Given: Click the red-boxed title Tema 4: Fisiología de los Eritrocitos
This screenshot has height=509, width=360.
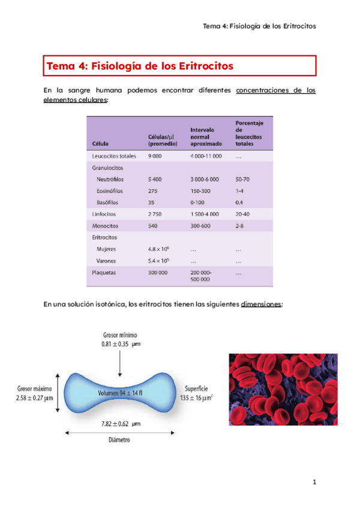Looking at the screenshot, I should [x=140, y=65].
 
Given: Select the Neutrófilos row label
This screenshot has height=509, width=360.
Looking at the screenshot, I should [x=111, y=179].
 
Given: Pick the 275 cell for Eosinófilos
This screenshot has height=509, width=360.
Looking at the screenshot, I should [x=153, y=190].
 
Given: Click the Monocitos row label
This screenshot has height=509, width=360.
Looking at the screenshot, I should [x=105, y=226].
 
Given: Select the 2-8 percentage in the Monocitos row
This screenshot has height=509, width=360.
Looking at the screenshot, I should [x=240, y=226].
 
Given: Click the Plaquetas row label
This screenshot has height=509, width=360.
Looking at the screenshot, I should [x=104, y=272].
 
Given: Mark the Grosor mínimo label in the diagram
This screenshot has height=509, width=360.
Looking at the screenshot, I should [x=120, y=334].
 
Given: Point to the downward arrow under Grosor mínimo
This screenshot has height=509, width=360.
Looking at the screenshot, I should [x=120, y=361].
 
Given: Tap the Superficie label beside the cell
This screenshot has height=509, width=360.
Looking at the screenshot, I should [x=193, y=388].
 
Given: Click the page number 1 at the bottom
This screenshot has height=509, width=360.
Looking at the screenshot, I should [x=313, y=482].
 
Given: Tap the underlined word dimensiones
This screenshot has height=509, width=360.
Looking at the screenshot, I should [x=261, y=304].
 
